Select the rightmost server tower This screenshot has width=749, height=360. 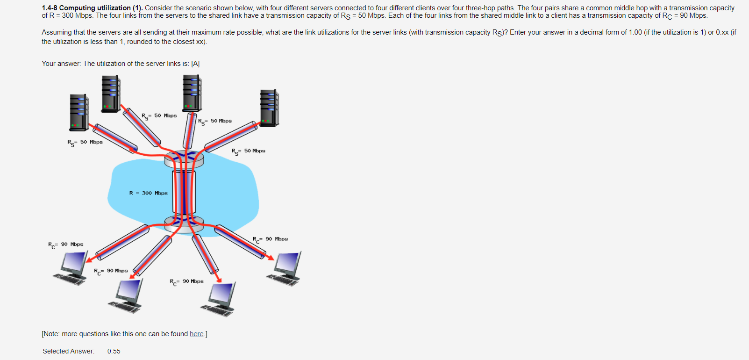[269, 108]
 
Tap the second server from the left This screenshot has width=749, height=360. [111, 94]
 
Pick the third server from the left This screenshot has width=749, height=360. [192, 93]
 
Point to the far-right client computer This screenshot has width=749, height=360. [285, 268]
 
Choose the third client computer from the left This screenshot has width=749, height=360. [220, 299]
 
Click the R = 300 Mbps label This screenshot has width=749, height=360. [148, 193]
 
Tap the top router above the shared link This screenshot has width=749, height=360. [184, 158]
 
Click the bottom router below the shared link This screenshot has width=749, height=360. [184, 224]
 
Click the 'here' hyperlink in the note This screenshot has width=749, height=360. [196, 334]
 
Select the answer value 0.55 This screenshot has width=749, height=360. [114, 351]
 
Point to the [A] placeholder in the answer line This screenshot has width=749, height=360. [195, 64]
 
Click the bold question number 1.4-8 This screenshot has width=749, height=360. [49, 8]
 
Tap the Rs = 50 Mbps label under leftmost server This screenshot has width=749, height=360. [85, 142]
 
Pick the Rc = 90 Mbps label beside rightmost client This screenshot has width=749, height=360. [270, 239]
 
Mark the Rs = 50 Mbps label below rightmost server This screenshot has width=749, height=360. [248, 151]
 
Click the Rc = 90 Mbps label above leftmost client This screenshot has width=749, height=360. [65, 245]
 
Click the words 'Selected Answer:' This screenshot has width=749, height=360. [68, 351]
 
